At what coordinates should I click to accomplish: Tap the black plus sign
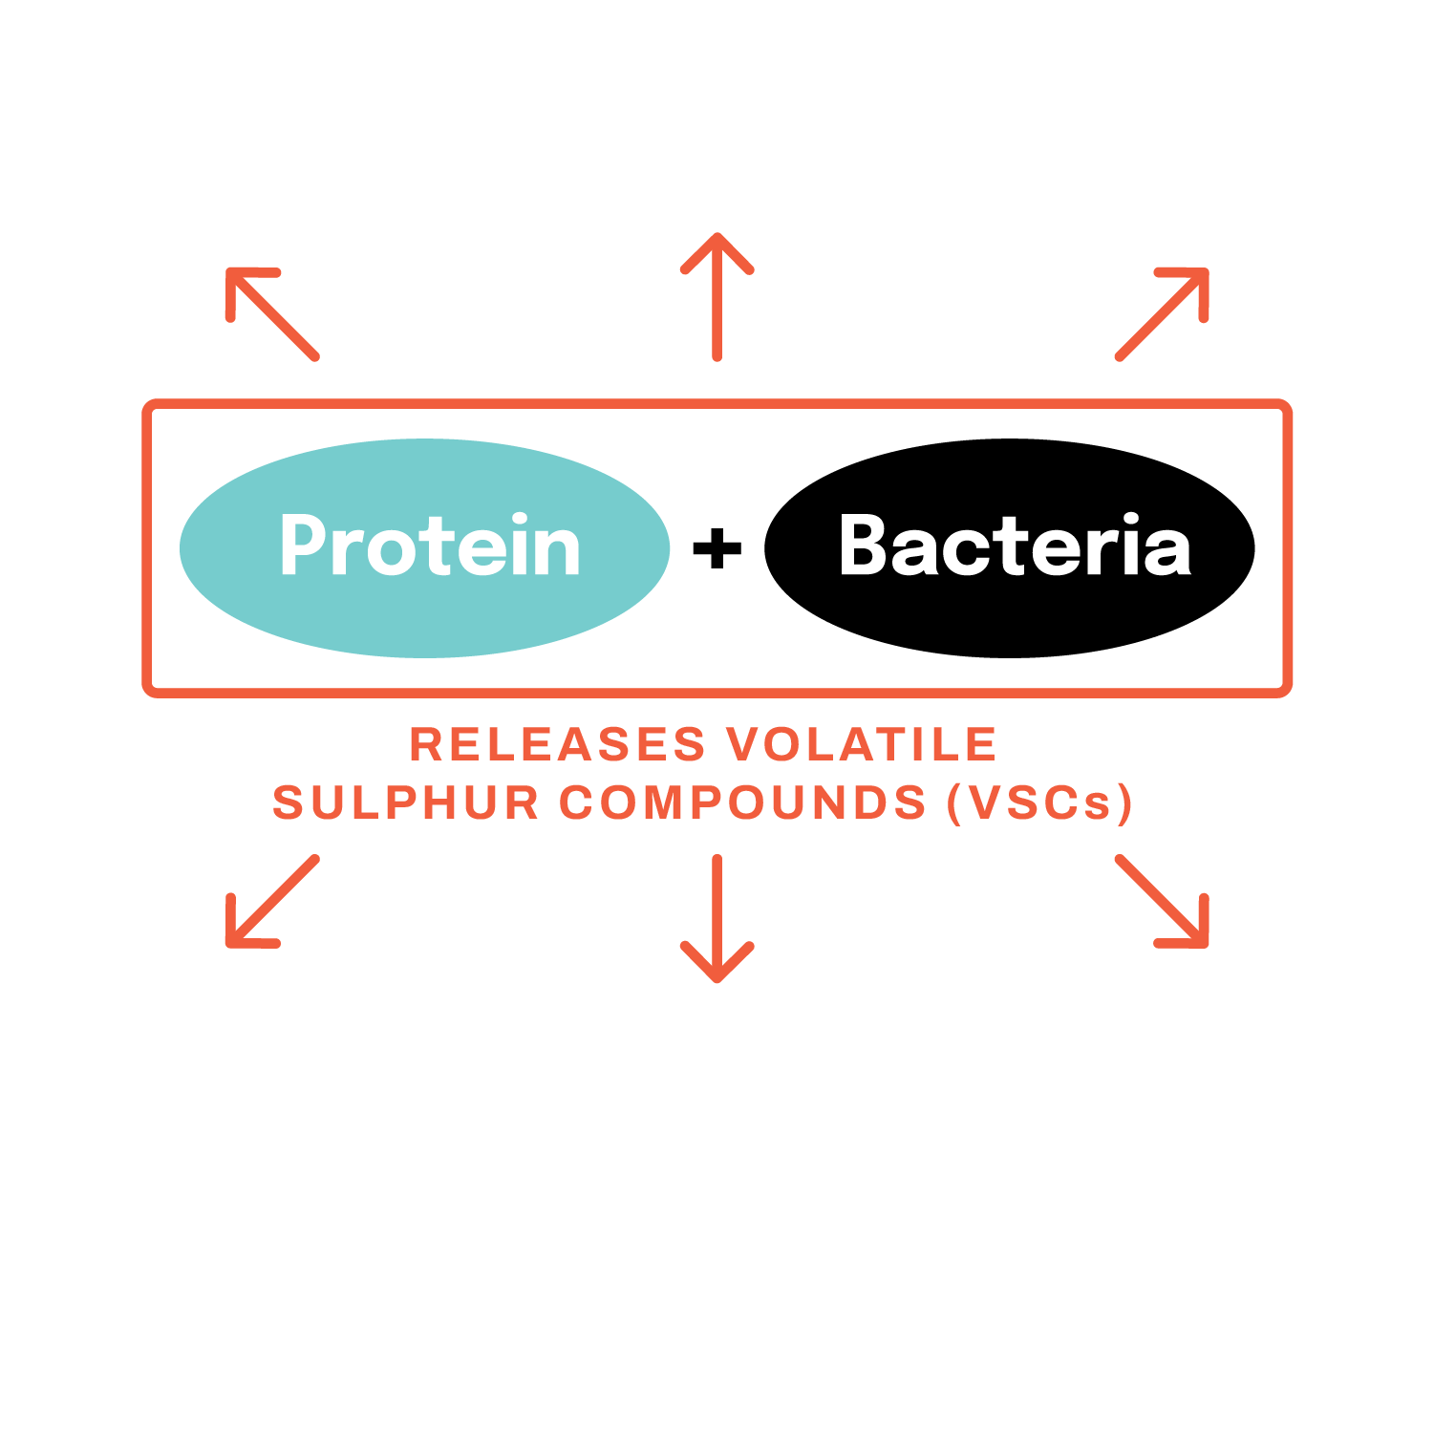point(717,549)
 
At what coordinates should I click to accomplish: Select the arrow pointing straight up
point(717,296)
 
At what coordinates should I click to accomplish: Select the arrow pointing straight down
point(717,918)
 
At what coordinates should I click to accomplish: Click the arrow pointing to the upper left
point(272,314)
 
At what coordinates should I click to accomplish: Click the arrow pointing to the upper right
point(1162,314)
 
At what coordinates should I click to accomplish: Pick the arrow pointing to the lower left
point(272,901)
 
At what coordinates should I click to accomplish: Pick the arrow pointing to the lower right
point(1162,901)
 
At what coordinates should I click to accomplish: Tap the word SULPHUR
point(406,803)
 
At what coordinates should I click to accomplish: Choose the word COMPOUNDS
point(743,803)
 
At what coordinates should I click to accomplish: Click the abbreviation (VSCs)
point(1039,803)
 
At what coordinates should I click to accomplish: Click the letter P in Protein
point(304,545)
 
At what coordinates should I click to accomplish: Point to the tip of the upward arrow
point(717,233)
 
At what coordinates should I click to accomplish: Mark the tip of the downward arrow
point(717,981)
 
